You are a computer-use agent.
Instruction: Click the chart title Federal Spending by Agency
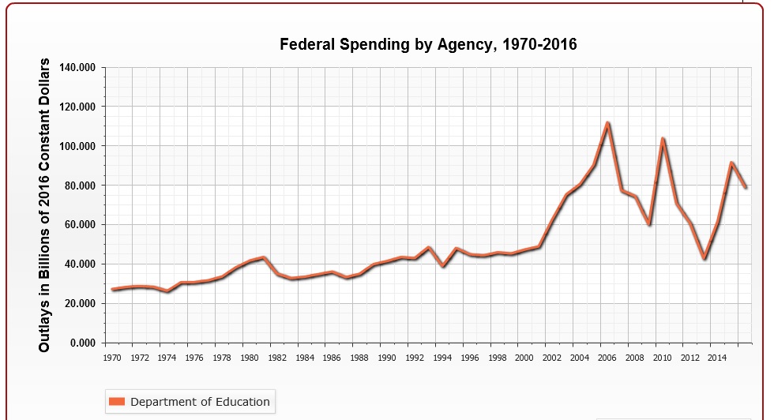pos(428,44)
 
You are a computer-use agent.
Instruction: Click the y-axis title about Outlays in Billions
pos(45,205)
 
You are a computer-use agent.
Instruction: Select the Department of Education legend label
pos(200,402)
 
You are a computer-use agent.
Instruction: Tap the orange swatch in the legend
pos(116,402)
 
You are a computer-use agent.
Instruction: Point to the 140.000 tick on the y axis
pos(77,68)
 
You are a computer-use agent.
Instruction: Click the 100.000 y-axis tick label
pos(77,147)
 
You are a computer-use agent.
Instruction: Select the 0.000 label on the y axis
pos(82,343)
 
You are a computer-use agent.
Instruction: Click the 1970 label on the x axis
pos(113,358)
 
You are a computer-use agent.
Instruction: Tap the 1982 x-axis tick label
pos(277,358)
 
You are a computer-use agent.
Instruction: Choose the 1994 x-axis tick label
pos(442,358)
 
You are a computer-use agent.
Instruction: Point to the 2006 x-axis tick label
pos(607,358)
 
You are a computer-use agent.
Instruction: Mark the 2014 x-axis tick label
pos(717,358)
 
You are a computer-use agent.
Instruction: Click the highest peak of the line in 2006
pos(607,123)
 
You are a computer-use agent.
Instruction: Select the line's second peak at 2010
pos(663,139)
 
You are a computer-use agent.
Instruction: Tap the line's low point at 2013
pos(704,258)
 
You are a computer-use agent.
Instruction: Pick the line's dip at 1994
pos(443,266)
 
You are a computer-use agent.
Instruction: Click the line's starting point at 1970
pos(113,290)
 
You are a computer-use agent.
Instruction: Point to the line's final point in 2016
pos(746,187)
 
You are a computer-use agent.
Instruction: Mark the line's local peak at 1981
pos(264,257)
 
